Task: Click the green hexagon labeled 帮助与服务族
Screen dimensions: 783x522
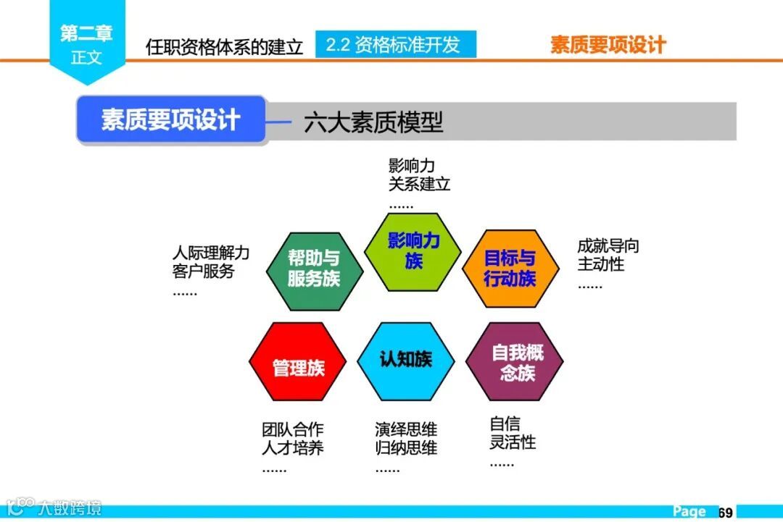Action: point(314,269)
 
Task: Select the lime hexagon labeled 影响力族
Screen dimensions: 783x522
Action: point(413,251)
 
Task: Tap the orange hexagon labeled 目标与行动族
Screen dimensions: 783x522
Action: point(510,269)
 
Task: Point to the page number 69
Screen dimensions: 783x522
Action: point(725,513)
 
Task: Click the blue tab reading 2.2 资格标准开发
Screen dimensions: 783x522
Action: point(396,45)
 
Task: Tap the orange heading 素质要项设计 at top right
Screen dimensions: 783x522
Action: point(608,45)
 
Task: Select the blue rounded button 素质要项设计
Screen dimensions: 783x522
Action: point(172,120)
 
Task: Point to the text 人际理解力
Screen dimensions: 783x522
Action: point(211,253)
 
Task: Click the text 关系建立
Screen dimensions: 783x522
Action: point(420,185)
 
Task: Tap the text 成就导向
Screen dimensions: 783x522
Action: point(608,246)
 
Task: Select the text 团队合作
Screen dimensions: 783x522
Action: point(293,429)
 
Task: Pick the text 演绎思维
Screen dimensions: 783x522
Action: point(406,429)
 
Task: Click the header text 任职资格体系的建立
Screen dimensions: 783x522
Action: point(224,47)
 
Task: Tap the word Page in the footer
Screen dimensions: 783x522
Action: point(689,512)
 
